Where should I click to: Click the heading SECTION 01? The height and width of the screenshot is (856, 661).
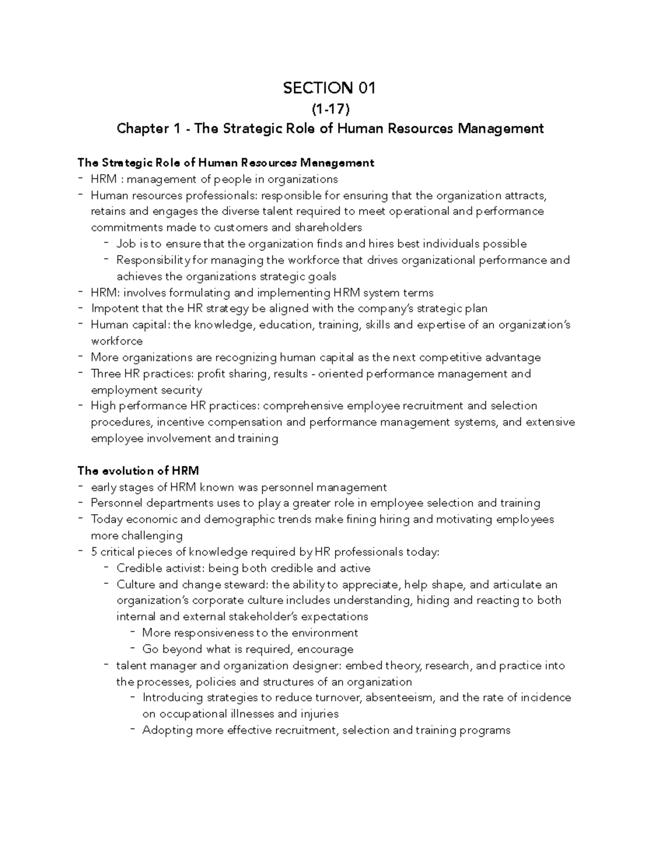(330, 88)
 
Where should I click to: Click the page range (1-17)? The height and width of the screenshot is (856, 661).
(330, 109)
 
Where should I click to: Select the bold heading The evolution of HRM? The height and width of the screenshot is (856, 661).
(138, 471)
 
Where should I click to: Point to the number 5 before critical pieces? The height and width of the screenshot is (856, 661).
(94, 552)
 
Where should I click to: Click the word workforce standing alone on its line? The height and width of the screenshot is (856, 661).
(116, 341)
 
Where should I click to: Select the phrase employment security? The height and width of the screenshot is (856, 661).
(146, 390)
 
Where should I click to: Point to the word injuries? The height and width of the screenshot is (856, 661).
(319, 714)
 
